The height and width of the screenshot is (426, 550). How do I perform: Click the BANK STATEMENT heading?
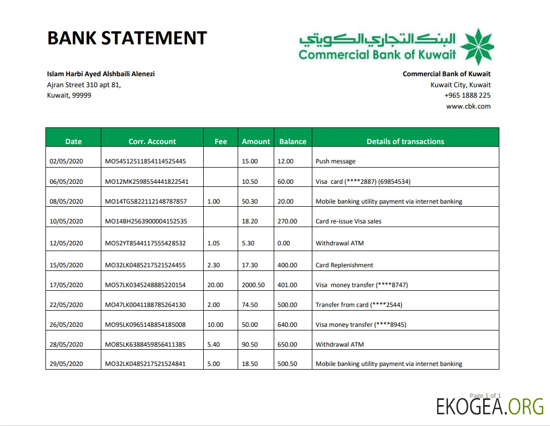tap(127, 38)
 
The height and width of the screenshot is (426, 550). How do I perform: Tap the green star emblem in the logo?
tap(476, 47)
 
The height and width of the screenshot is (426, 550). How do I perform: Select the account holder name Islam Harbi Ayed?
tap(101, 74)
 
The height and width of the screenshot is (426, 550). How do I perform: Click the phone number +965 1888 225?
tap(467, 96)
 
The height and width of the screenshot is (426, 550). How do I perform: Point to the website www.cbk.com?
tap(468, 106)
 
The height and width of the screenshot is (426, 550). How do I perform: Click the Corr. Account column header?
tap(152, 141)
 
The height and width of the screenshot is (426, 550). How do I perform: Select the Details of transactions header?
tap(405, 141)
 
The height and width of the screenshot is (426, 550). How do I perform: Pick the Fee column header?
tap(220, 141)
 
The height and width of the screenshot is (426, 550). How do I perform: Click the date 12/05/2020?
tap(66, 243)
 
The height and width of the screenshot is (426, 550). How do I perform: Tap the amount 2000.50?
tap(253, 285)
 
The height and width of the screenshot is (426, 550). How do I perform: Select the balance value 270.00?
tap(287, 221)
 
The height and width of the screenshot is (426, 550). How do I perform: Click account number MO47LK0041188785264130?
tap(146, 305)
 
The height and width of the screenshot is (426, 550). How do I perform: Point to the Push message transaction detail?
tap(335, 162)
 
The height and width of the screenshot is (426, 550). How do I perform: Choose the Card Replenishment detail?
tap(344, 265)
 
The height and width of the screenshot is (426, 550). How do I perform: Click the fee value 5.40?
tap(214, 345)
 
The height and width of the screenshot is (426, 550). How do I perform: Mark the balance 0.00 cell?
tap(284, 243)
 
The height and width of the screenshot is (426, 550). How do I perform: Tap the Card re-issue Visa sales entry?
tap(348, 221)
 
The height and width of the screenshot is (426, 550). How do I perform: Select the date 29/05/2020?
tap(66, 364)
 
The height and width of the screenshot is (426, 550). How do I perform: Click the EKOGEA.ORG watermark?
tap(490, 406)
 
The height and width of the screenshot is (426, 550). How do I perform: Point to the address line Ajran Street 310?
tap(84, 85)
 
